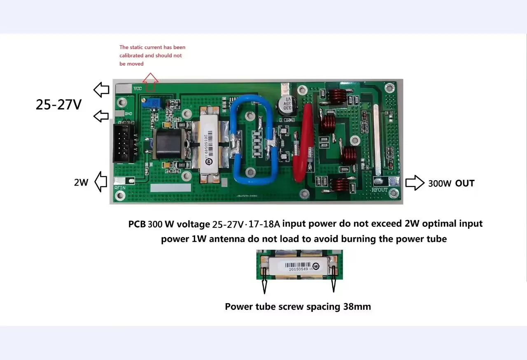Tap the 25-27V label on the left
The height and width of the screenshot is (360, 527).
coord(58,105)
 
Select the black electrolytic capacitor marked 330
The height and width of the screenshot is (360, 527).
coord(284,105)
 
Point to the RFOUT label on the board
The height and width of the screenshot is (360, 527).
coord(380,190)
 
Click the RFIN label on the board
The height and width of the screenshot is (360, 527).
coord(120,188)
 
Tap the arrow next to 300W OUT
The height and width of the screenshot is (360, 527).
coord(415,183)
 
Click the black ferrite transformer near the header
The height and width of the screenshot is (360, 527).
coord(166,142)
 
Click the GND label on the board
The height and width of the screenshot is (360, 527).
coord(128,114)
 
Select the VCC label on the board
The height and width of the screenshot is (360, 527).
coord(138,88)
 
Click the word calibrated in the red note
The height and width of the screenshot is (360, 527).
coord(131,56)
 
